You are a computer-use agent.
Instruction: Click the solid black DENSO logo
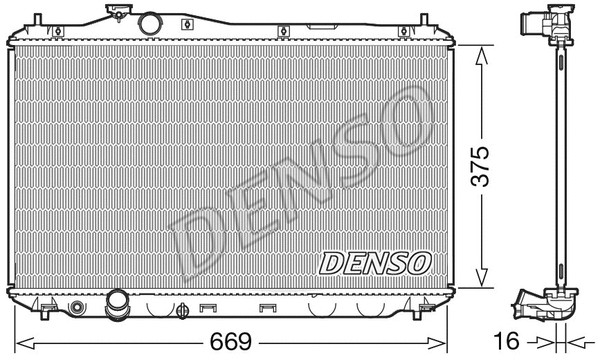(375, 263)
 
